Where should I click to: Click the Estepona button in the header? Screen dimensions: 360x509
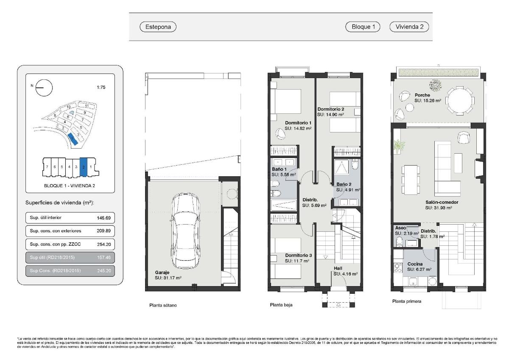pos(158,27)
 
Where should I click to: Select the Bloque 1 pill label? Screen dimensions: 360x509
pos(363,27)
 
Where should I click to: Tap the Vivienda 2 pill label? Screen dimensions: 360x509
pos(409,27)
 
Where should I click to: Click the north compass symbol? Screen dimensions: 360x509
pos(44,88)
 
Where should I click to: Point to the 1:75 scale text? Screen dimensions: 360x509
pos(101,87)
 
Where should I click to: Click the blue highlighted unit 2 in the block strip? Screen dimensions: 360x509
pos(84,166)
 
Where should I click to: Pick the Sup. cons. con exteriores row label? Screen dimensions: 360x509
pos(55,231)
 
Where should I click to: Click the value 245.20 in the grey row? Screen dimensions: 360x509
pos(103,270)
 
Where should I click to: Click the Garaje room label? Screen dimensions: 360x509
pos(162,272)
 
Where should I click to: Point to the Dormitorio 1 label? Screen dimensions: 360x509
pos(298,123)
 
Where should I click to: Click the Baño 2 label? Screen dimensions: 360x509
pos(344,184)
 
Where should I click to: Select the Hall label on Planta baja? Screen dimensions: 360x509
pos(338,268)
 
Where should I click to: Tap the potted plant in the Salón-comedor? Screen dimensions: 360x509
pos(398,146)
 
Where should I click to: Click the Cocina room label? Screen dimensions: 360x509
pos(415,264)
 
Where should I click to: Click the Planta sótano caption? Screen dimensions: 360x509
pos(163,305)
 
